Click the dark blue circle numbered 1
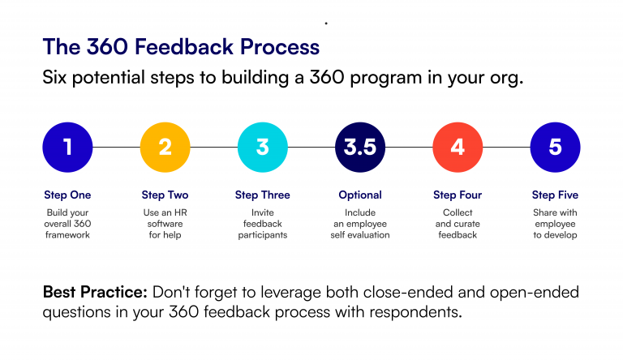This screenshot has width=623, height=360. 67,147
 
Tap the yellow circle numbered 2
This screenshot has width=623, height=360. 165,147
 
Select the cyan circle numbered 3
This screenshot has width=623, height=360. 262,147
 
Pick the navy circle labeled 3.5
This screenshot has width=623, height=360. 359,147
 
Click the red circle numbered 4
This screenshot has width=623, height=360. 458,147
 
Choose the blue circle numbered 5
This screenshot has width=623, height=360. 555,147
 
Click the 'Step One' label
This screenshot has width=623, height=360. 67,195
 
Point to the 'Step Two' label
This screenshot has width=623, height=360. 165,195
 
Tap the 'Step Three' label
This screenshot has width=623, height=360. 262,195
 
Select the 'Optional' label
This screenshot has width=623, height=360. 359,195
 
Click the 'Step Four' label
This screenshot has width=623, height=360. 458,195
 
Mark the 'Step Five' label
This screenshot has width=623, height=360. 555,195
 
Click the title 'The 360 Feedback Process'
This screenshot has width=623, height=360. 180,46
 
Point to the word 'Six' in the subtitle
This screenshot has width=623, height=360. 57,78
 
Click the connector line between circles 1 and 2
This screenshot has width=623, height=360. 116,147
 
